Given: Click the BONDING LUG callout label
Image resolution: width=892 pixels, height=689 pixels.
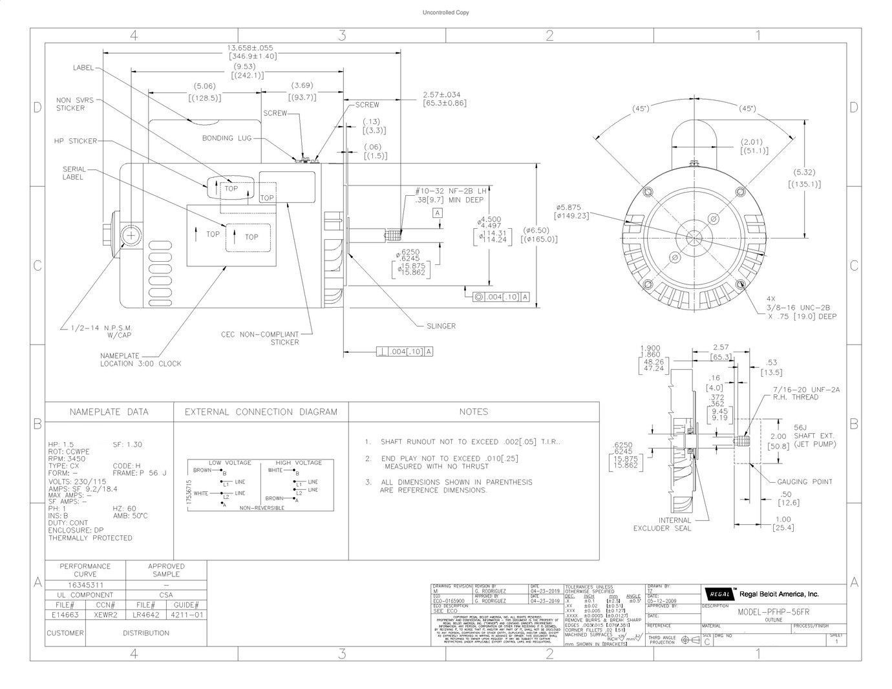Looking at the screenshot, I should pyautogui.click(x=226, y=138).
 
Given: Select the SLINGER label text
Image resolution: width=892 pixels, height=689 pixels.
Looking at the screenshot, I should pyautogui.click(x=441, y=326).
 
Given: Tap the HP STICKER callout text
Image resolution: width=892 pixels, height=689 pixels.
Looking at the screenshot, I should pyautogui.click(x=75, y=141).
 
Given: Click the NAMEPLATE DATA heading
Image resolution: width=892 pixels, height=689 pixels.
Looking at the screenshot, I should pyautogui.click(x=109, y=412).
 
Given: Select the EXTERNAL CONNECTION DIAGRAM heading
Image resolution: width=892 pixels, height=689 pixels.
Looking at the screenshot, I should pyautogui.click(x=260, y=412).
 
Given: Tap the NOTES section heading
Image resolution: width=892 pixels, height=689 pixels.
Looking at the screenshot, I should pyautogui.click(x=473, y=412).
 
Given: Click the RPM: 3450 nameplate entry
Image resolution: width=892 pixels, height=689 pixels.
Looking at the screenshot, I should pyautogui.click(x=67, y=458).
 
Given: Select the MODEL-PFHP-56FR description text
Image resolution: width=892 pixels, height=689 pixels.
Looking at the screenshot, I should pyautogui.click(x=773, y=611).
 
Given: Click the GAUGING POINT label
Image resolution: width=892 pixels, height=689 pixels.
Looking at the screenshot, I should pyautogui.click(x=804, y=482).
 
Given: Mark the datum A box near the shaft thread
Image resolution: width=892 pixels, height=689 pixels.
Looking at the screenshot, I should pyautogui.click(x=438, y=213).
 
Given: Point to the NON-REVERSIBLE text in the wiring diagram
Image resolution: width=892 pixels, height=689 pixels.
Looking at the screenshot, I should pyautogui.click(x=262, y=509).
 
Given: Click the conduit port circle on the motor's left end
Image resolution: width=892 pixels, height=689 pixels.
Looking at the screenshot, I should pyautogui.click(x=130, y=235).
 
